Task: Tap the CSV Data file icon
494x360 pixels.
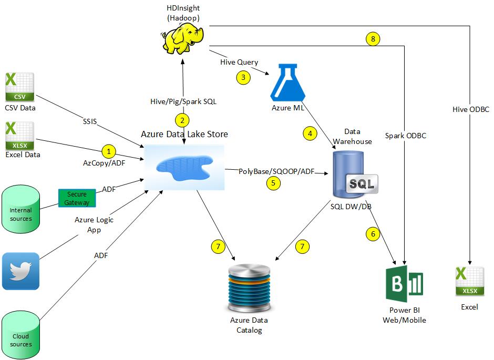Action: [x=20, y=87]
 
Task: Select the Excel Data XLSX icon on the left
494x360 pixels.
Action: [x=20, y=136]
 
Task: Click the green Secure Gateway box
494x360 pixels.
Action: [x=77, y=198]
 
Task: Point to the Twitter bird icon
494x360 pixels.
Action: [x=21, y=271]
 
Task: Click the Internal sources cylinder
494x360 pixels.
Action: [x=21, y=209]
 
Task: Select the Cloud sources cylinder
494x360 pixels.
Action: [x=21, y=335]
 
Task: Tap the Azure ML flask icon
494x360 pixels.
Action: [x=288, y=83]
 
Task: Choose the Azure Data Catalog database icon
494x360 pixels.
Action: [x=249, y=288]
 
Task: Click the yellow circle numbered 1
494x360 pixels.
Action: [x=109, y=151]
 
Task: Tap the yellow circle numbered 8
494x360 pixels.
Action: [x=373, y=39]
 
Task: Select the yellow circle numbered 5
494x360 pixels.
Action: [x=273, y=183]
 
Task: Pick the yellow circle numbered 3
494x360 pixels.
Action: [x=243, y=77]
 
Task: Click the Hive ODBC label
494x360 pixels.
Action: [x=471, y=109]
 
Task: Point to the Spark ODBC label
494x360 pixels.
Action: [x=406, y=136]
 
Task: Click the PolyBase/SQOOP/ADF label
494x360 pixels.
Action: [x=276, y=171]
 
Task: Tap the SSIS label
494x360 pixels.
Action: [x=90, y=121]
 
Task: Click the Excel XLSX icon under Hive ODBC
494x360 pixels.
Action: [x=470, y=281]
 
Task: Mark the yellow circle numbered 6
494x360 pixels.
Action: [x=373, y=234]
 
